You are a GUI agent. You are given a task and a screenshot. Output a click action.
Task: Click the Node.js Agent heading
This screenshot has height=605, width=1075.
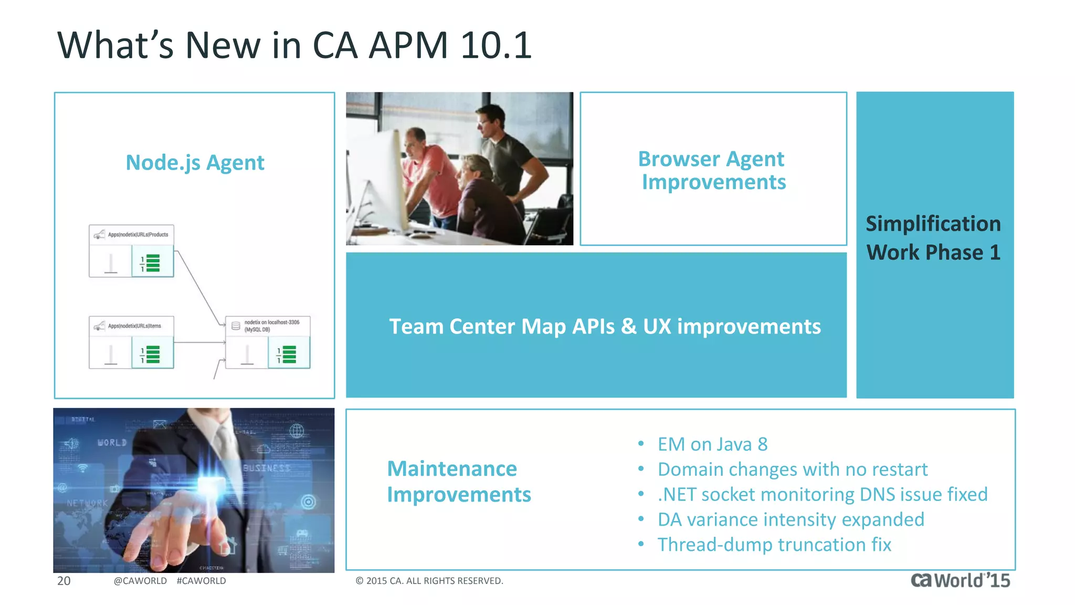[195, 163]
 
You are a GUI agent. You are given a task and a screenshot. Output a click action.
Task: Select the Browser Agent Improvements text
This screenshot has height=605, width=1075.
[713, 170]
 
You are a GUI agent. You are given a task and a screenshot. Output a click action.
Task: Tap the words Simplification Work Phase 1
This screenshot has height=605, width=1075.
[933, 238]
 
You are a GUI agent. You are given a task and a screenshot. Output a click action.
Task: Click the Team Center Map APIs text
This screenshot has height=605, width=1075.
[604, 327]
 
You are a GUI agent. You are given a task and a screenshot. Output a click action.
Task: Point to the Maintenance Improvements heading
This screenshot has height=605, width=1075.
[458, 481]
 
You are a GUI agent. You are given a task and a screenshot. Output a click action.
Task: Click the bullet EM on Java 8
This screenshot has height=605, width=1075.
[712, 444]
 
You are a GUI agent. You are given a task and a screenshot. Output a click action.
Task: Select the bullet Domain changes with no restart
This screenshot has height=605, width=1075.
[792, 470]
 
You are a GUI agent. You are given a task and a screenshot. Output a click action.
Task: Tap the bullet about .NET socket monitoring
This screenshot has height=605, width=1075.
[822, 495]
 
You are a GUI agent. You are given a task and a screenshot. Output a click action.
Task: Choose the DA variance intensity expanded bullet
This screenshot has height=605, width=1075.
[791, 520]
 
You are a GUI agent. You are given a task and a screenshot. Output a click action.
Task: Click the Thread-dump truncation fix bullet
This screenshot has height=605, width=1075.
[774, 545]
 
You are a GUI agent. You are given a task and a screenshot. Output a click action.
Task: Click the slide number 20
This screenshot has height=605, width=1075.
[64, 581]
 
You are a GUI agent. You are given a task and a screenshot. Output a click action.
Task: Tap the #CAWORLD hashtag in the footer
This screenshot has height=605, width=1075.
[201, 581]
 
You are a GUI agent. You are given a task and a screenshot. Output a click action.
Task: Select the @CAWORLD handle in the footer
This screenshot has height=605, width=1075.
[140, 581]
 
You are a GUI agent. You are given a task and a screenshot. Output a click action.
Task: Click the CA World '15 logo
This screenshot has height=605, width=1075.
[960, 580]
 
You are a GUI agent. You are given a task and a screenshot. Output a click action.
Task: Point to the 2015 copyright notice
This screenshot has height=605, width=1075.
[429, 581]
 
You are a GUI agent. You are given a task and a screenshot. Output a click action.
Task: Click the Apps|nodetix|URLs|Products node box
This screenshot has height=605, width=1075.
[131, 251]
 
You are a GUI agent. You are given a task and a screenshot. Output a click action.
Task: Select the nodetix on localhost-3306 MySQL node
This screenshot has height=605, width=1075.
[268, 342]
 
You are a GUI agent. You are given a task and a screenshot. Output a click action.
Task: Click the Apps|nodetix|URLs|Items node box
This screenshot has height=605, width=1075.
[131, 342]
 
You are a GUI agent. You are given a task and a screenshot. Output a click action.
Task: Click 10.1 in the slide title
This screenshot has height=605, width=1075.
[496, 45]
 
